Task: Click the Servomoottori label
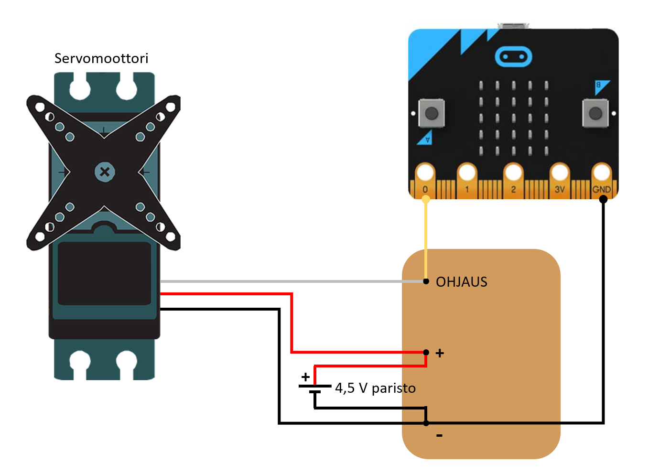[x=101, y=58]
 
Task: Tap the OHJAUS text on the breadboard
[x=461, y=282]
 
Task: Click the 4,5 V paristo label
[x=375, y=388]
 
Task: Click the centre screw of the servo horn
[x=105, y=172]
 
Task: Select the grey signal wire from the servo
[x=287, y=281]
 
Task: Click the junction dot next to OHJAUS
[x=426, y=281]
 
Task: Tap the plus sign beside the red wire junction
[x=440, y=353]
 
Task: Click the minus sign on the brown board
[x=439, y=435]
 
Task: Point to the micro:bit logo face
[x=513, y=57]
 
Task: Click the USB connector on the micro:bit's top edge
[x=513, y=25]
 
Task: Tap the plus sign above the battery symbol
[x=305, y=377]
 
